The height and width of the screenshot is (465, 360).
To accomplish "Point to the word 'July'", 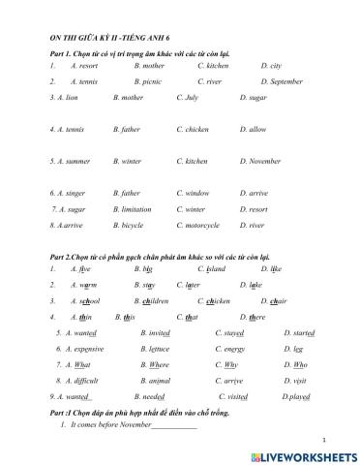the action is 191,98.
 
